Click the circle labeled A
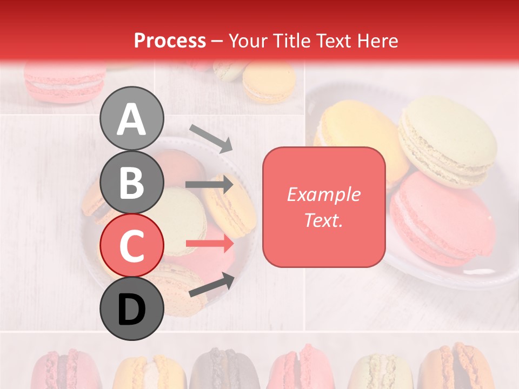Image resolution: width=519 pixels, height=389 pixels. tap(131, 118)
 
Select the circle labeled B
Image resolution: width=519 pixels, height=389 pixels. tap(131, 182)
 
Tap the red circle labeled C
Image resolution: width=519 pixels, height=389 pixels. tap(131, 245)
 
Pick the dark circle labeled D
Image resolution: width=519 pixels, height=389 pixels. tap(131, 308)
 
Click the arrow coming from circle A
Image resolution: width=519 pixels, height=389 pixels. tap(211, 138)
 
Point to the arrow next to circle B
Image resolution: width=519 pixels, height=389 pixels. tap(209, 185)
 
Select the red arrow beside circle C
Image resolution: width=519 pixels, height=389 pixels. tap(209, 244)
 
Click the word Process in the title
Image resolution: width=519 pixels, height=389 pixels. tap(170, 41)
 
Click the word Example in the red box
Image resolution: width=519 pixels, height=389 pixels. tap(323, 194)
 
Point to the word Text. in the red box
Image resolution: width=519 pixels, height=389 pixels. tap(323, 220)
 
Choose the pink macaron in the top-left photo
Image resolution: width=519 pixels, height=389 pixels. tap(65, 81)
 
